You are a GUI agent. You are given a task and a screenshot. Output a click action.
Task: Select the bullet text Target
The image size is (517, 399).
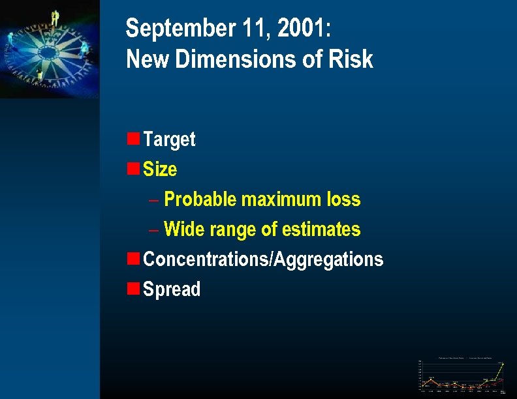169,139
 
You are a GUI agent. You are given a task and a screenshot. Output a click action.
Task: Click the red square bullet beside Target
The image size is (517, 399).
133,138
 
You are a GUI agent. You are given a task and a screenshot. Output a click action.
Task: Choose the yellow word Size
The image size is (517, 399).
160,169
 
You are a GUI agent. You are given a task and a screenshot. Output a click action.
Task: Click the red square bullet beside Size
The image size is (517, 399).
133,168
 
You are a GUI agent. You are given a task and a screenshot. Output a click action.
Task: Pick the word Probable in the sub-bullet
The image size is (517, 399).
200,199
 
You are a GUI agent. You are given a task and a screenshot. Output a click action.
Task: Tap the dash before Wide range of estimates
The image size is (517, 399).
153,229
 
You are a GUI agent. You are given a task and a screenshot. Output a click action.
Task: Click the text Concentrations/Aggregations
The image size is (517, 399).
263,259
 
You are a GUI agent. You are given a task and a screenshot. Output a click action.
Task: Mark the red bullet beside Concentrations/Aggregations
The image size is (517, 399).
133,258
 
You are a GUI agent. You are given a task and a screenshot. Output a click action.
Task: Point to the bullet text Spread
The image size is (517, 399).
172,289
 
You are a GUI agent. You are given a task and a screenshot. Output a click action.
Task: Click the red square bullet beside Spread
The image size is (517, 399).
133,288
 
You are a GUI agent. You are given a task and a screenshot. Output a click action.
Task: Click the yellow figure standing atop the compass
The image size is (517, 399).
55,18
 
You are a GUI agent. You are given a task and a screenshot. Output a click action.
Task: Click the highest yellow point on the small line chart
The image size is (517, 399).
503,364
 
